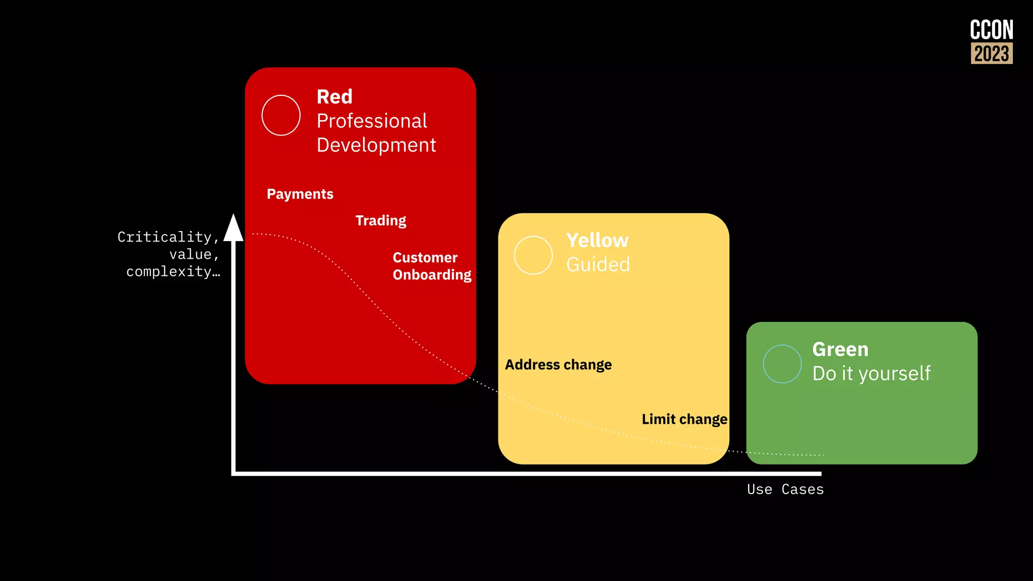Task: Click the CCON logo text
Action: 991,30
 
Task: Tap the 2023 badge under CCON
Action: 992,53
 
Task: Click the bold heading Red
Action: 334,97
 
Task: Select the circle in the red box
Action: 281,115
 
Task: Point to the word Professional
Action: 372,121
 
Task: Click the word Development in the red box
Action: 376,145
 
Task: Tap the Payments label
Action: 300,194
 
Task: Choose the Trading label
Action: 381,220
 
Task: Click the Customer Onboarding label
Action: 432,266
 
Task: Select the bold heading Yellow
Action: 597,241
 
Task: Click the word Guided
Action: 598,264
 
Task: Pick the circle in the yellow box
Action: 533,255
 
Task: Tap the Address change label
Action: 558,365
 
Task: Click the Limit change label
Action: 684,419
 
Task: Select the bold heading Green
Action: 840,350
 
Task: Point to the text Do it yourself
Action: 872,374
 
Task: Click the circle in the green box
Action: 782,364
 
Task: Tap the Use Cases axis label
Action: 785,489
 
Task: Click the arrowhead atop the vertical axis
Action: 234,228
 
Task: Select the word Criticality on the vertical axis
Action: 165,237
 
